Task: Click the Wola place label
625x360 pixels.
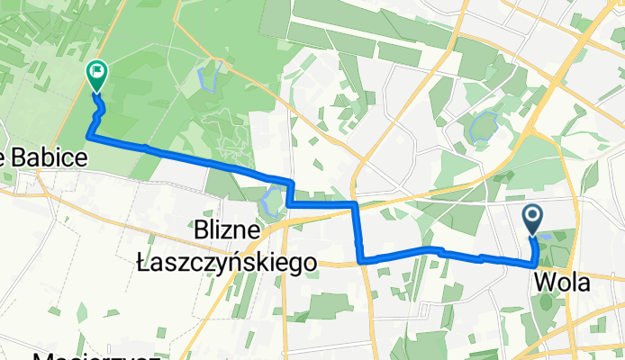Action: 563,283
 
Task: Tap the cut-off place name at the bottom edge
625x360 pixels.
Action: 90,355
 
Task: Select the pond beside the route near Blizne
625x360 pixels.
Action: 268,202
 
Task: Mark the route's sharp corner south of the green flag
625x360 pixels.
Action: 88,136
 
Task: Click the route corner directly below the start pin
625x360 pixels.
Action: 537,263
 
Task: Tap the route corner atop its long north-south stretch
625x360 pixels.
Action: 357,205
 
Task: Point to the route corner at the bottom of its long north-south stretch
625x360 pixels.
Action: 362,260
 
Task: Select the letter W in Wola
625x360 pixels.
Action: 543,283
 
